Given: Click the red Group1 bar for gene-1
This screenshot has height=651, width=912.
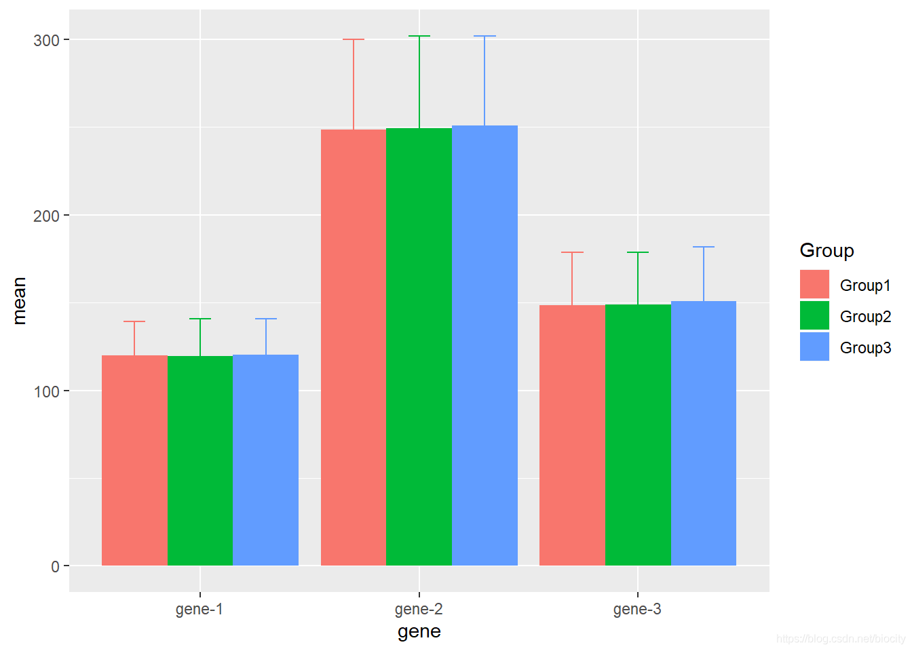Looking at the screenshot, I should pyautogui.click(x=134, y=460).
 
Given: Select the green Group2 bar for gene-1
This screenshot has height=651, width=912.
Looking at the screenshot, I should pyautogui.click(x=200, y=460).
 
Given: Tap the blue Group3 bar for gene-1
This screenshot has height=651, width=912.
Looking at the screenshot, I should pyautogui.click(x=265, y=460).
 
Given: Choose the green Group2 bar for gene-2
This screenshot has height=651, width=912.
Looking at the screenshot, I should pyautogui.click(x=419, y=347).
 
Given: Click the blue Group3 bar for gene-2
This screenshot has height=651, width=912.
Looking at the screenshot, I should pyautogui.click(x=484, y=345).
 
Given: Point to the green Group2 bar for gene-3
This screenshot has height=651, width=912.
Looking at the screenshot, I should pyautogui.click(x=638, y=435).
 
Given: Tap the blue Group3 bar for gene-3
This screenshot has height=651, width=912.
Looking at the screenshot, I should pyautogui.click(x=704, y=433).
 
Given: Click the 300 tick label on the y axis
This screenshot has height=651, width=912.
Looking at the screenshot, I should pyautogui.click(x=46, y=40).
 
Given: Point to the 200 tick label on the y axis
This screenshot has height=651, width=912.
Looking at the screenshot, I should pyautogui.click(x=46, y=216).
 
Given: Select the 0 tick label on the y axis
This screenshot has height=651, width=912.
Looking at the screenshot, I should pyautogui.click(x=55, y=567).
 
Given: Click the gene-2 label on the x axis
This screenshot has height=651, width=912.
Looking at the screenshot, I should pyautogui.click(x=419, y=609).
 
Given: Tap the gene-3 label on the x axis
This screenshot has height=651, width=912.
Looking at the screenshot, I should pyautogui.click(x=637, y=609).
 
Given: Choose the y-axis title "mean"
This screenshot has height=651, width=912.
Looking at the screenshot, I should pyautogui.click(x=19, y=301).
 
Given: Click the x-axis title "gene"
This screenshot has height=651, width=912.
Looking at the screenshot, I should pyautogui.click(x=419, y=632).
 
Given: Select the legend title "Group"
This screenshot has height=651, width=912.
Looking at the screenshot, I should pyautogui.click(x=826, y=250).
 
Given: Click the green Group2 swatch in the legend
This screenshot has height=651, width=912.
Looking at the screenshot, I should pyautogui.click(x=814, y=315).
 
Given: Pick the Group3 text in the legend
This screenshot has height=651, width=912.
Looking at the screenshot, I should pyautogui.click(x=865, y=348).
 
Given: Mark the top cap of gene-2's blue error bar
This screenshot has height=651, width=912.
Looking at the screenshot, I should pyautogui.click(x=484, y=36).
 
